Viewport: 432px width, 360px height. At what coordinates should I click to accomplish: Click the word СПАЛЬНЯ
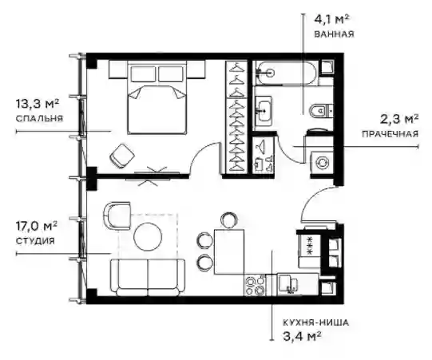[39, 118]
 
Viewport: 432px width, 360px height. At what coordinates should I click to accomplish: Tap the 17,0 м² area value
[37, 227]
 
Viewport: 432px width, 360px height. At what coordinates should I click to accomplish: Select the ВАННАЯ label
[334, 34]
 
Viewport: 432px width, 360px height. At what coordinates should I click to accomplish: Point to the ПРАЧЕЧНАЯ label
[390, 134]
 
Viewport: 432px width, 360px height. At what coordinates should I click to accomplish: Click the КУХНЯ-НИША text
[315, 322]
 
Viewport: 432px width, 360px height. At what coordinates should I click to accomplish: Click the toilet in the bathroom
[321, 111]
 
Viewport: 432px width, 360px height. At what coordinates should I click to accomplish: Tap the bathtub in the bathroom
[285, 73]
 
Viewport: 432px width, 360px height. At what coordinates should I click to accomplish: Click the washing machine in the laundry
[322, 163]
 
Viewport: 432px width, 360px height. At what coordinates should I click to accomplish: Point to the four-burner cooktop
[255, 286]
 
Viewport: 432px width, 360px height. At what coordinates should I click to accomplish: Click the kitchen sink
[288, 284]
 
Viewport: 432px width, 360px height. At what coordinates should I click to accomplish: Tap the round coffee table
[148, 236]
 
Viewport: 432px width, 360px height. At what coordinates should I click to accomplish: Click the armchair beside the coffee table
[117, 216]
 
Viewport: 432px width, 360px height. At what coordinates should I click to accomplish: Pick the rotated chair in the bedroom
[122, 156]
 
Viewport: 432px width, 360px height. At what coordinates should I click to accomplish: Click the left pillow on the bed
[143, 73]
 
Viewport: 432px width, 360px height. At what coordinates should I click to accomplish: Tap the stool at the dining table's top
[229, 220]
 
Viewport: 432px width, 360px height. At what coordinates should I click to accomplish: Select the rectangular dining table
[229, 251]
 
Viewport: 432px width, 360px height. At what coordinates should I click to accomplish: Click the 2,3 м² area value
[399, 120]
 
